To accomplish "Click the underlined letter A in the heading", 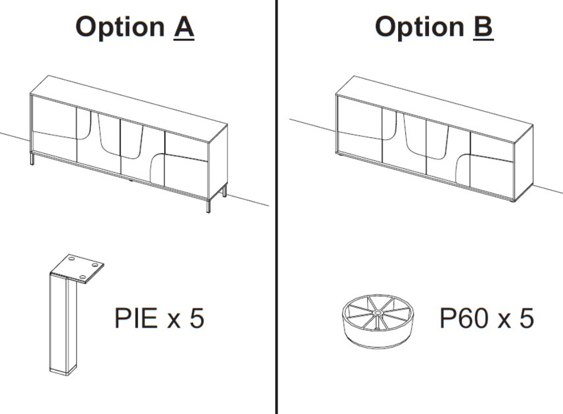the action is pos(184,27).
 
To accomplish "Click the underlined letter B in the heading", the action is pos(483,27).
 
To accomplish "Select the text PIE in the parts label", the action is pos(136,318).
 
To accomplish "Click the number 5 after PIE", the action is pos(196,318).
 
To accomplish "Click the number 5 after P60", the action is pos(527,318).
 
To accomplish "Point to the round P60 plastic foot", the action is pos(377,322).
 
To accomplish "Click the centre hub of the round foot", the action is pos(377,313).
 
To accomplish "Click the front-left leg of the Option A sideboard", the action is pos(32,159).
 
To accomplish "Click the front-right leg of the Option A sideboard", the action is pos(208,206).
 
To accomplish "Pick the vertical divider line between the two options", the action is pos(276,207).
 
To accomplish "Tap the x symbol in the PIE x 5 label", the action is pos(174,320).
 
